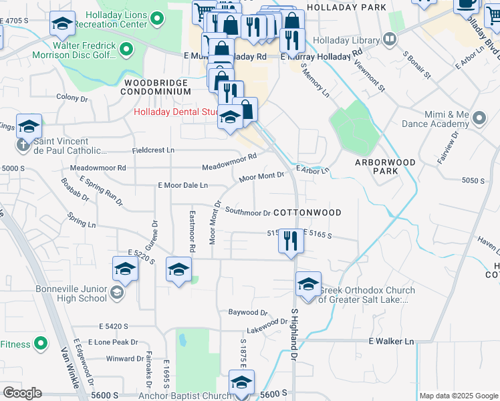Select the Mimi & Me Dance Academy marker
tap(479, 119)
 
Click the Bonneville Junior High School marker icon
tap(117, 292)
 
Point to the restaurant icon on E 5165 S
tap(290, 241)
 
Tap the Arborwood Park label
tap(385, 166)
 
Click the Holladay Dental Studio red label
tap(176, 112)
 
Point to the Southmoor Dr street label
tap(247, 213)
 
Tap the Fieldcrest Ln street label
tap(153, 150)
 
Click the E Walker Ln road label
tap(391, 341)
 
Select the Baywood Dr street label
tap(247, 312)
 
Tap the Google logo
tap(22, 393)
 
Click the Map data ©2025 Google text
tap(458, 396)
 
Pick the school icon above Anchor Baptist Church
tap(242, 383)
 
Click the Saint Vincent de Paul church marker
tap(22, 144)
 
